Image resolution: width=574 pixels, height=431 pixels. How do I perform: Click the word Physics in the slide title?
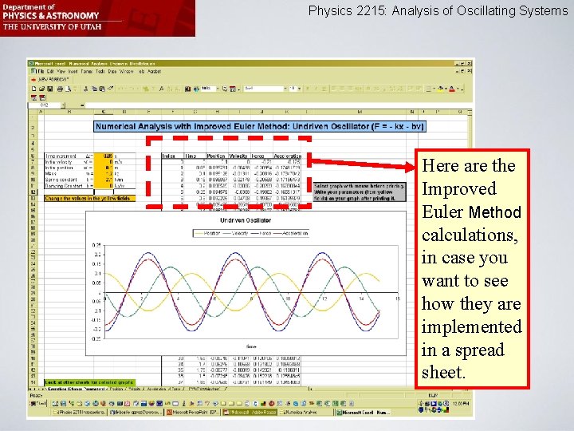click(x=330, y=11)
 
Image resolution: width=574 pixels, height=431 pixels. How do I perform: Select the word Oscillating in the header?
click(x=483, y=11)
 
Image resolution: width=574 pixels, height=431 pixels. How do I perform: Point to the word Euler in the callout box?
click(x=442, y=212)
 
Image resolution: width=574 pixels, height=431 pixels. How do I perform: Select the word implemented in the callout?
click(x=471, y=327)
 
